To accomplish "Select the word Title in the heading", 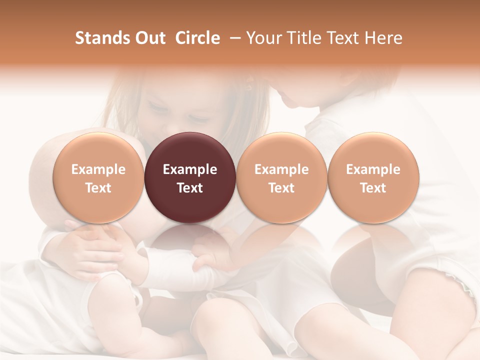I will coord(299,38).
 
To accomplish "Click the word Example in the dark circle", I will coord(190,169).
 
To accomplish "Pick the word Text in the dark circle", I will coord(190,188).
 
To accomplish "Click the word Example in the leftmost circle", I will coord(98,169).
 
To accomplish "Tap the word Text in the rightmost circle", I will coord(373,188).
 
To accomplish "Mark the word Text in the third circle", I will coord(281,188).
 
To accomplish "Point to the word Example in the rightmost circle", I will coord(373,169).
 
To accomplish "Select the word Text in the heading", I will coord(341,38).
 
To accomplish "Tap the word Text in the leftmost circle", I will coord(98,188).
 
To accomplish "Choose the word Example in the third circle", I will coord(281,169).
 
